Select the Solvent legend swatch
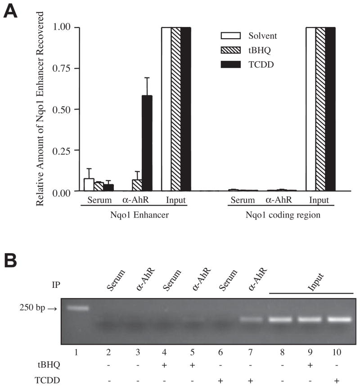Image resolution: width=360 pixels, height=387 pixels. tap(228, 36)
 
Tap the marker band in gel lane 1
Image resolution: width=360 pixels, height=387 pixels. tap(78, 309)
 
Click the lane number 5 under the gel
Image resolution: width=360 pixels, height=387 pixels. tap(193, 348)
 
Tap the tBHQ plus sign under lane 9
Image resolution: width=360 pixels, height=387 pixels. tap(310, 364)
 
